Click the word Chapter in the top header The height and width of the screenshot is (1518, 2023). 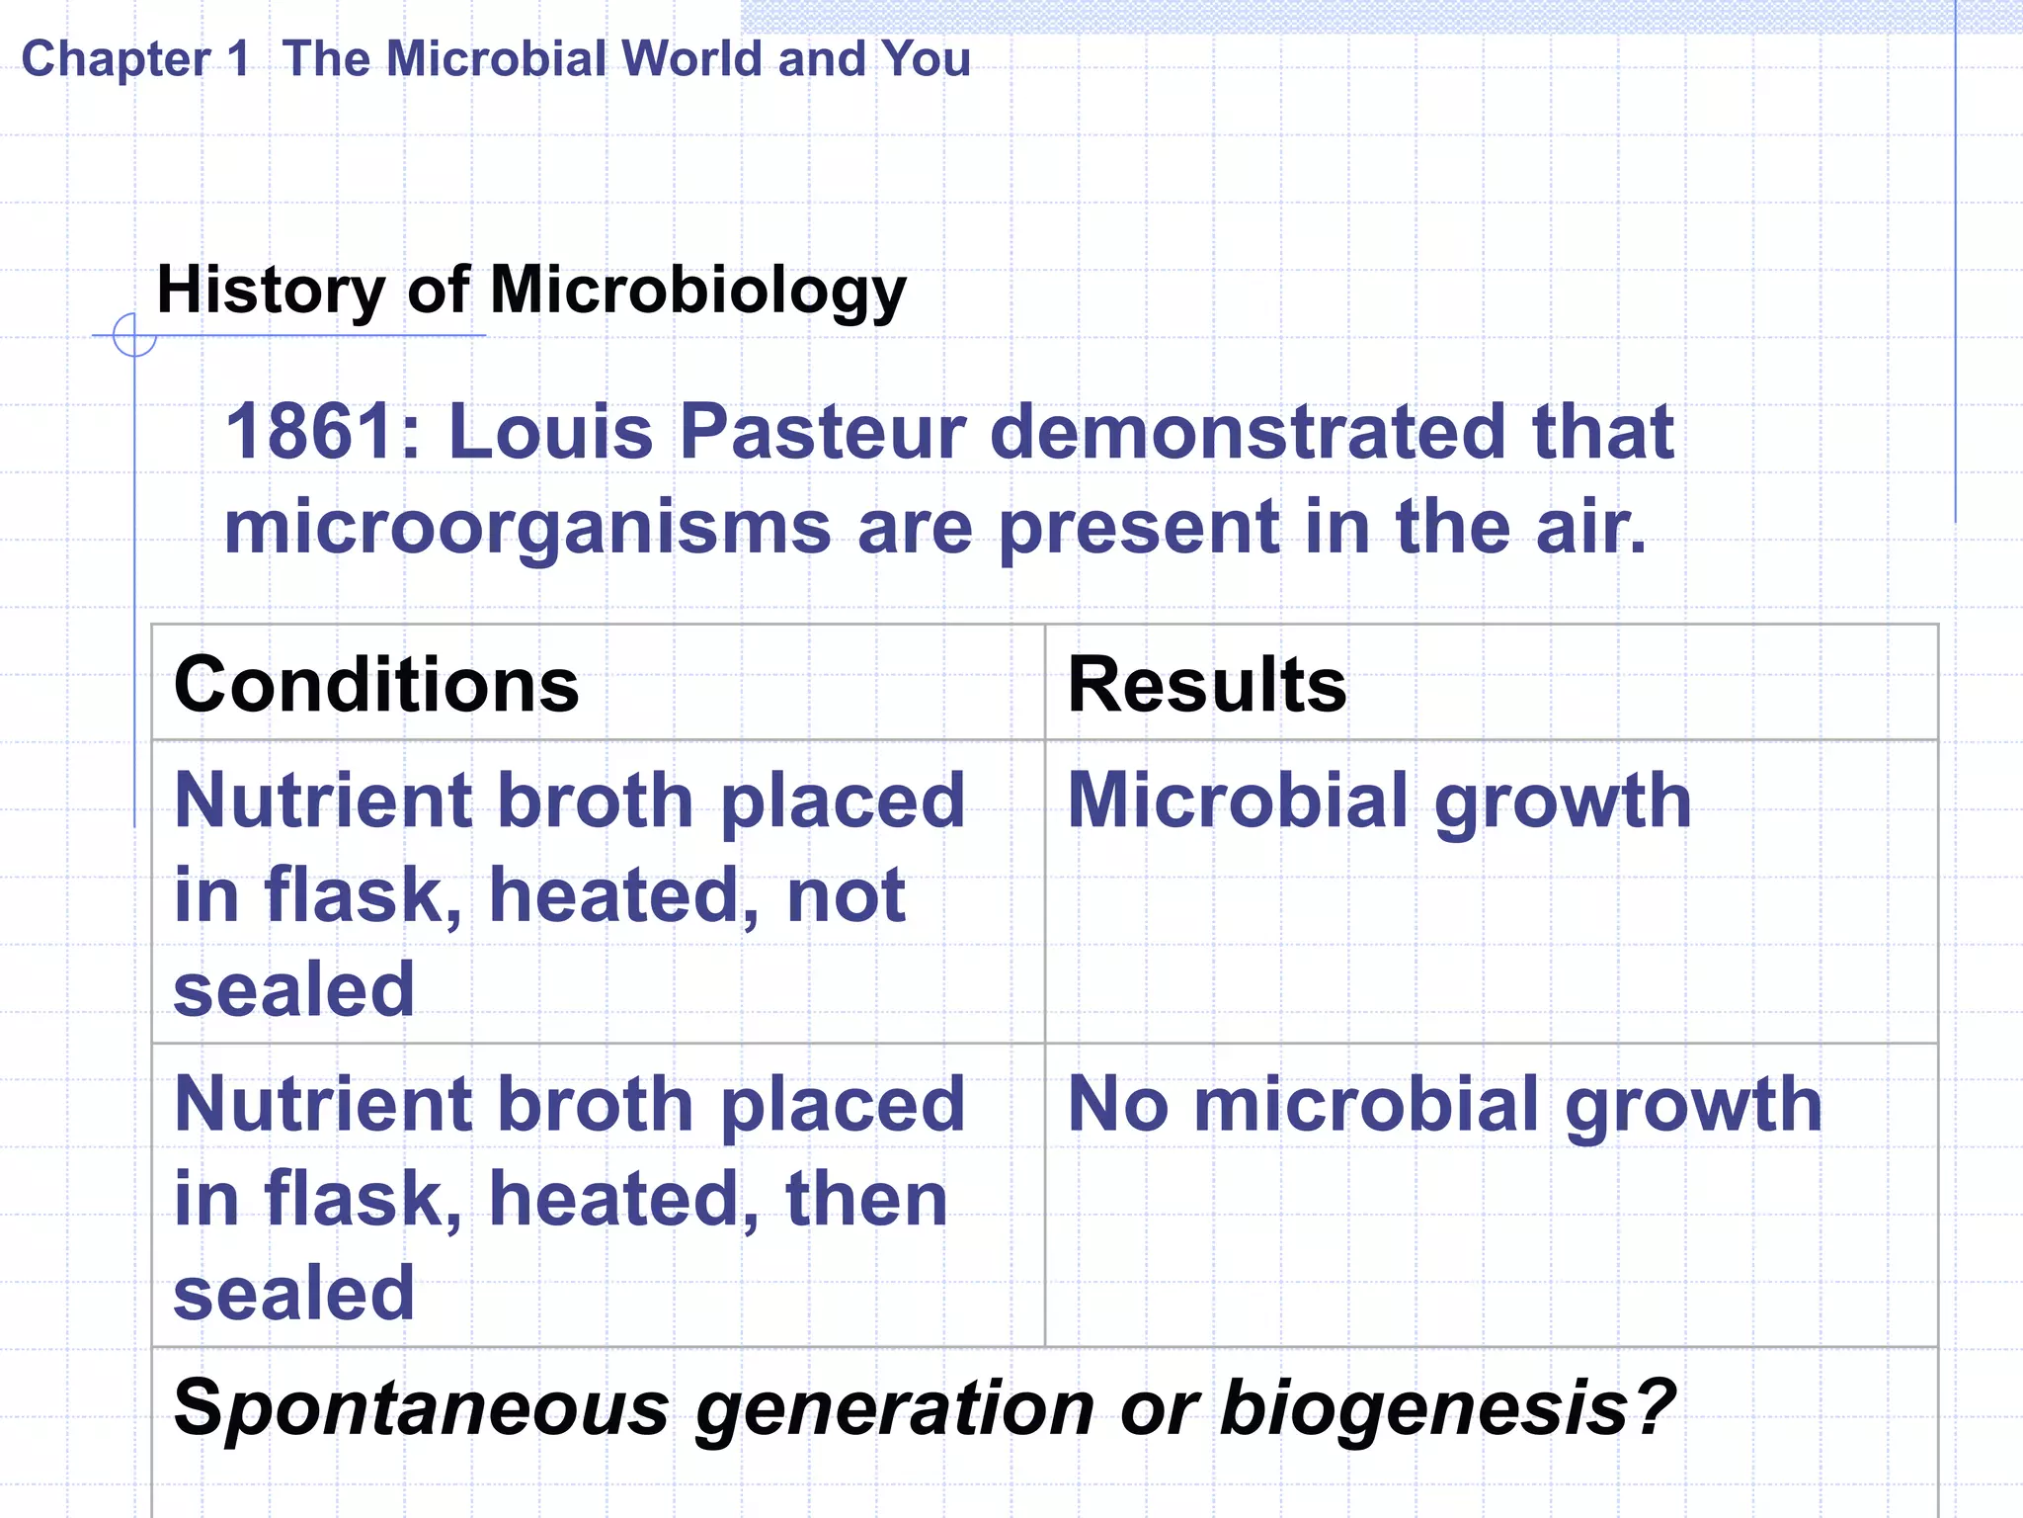click(x=116, y=59)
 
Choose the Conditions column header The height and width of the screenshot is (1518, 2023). click(x=376, y=684)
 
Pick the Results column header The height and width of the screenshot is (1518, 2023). click(x=1207, y=684)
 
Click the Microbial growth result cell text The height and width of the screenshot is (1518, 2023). click(x=1380, y=801)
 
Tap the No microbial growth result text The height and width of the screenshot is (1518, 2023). click(x=1445, y=1105)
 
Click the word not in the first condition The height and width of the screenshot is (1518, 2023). click(x=846, y=895)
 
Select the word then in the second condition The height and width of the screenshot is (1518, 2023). click(x=866, y=1199)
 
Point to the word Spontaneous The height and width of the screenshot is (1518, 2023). click(x=422, y=1408)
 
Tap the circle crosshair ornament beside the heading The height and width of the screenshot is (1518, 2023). click(x=134, y=335)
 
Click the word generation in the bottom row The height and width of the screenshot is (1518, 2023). click(x=895, y=1408)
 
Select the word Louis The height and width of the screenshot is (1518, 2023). click(x=550, y=432)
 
